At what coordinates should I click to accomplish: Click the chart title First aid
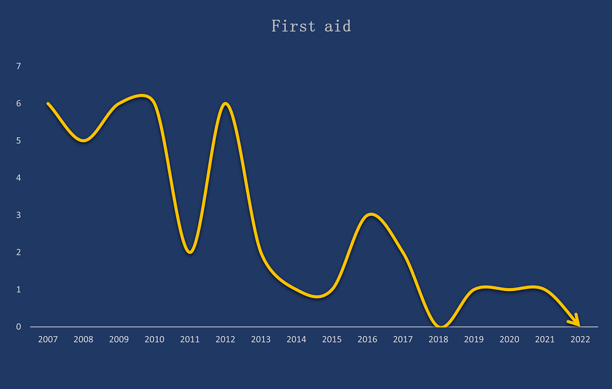click(x=311, y=26)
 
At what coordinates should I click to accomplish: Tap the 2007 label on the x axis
click(x=48, y=340)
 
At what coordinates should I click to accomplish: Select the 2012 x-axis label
click(x=225, y=340)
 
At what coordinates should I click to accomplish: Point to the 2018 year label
click(x=438, y=340)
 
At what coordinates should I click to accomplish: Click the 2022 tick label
click(x=580, y=340)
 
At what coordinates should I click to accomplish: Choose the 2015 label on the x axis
click(x=332, y=340)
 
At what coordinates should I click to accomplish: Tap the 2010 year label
click(x=154, y=340)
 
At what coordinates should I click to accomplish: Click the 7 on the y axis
click(x=18, y=66)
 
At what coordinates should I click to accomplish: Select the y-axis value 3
click(x=18, y=215)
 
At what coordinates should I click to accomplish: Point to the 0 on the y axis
click(x=18, y=327)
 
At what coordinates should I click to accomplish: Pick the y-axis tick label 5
click(x=18, y=140)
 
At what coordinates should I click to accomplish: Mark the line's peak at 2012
click(x=225, y=103)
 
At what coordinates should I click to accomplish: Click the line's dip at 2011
click(x=190, y=252)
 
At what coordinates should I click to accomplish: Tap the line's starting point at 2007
click(x=48, y=103)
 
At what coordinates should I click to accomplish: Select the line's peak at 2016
click(x=371, y=214)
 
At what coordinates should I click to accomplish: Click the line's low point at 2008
click(x=83, y=140)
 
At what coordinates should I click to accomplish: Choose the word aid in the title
click(x=337, y=26)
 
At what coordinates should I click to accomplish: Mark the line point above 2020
click(x=509, y=289)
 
